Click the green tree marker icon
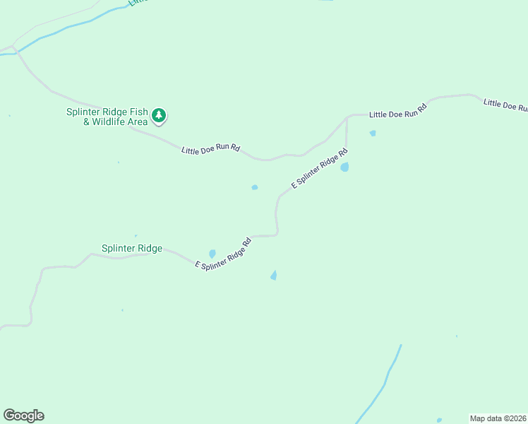pos(160,115)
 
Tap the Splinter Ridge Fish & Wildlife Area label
pos(107,117)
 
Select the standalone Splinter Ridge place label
pos(132,248)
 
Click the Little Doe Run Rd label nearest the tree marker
pos(210,150)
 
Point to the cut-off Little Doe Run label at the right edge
pos(505,105)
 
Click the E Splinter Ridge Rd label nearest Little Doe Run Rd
pos(320,167)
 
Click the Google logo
pos(23,416)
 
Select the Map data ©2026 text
pos(498,418)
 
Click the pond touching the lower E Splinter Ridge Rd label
pos(212,254)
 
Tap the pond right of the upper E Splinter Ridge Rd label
pos(344,167)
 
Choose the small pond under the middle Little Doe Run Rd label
pos(373,133)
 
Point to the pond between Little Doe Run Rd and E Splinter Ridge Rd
pos(255,187)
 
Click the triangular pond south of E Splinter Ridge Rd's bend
pos(274,276)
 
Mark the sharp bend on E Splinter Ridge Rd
pos(277,233)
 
